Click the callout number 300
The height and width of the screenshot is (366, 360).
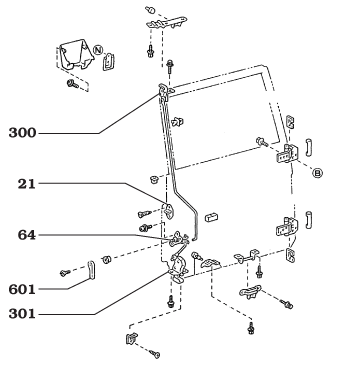[22, 133]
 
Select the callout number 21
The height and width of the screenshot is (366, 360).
[27, 184]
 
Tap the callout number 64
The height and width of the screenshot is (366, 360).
[27, 235]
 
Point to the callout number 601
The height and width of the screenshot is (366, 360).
[22, 289]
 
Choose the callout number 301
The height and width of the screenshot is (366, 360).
[22, 314]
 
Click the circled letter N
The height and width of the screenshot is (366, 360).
[98, 50]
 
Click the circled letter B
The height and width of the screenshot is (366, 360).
[318, 173]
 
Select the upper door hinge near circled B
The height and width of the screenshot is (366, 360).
[287, 153]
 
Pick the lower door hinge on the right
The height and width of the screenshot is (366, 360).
[287, 227]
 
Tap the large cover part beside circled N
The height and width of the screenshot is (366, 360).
[75, 55]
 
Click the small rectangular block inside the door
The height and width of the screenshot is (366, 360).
[211, 217]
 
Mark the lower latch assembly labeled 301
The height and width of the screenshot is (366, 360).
[178, 267]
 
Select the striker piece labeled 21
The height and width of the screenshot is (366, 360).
[170, 211]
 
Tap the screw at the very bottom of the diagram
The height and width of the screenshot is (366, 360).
[154, 354]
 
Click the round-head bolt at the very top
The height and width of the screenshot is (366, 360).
[150, 10]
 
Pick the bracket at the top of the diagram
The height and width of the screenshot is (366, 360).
[167, 22]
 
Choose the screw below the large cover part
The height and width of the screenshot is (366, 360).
[72, 84]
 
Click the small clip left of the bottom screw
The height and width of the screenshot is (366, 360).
[132, 338]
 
